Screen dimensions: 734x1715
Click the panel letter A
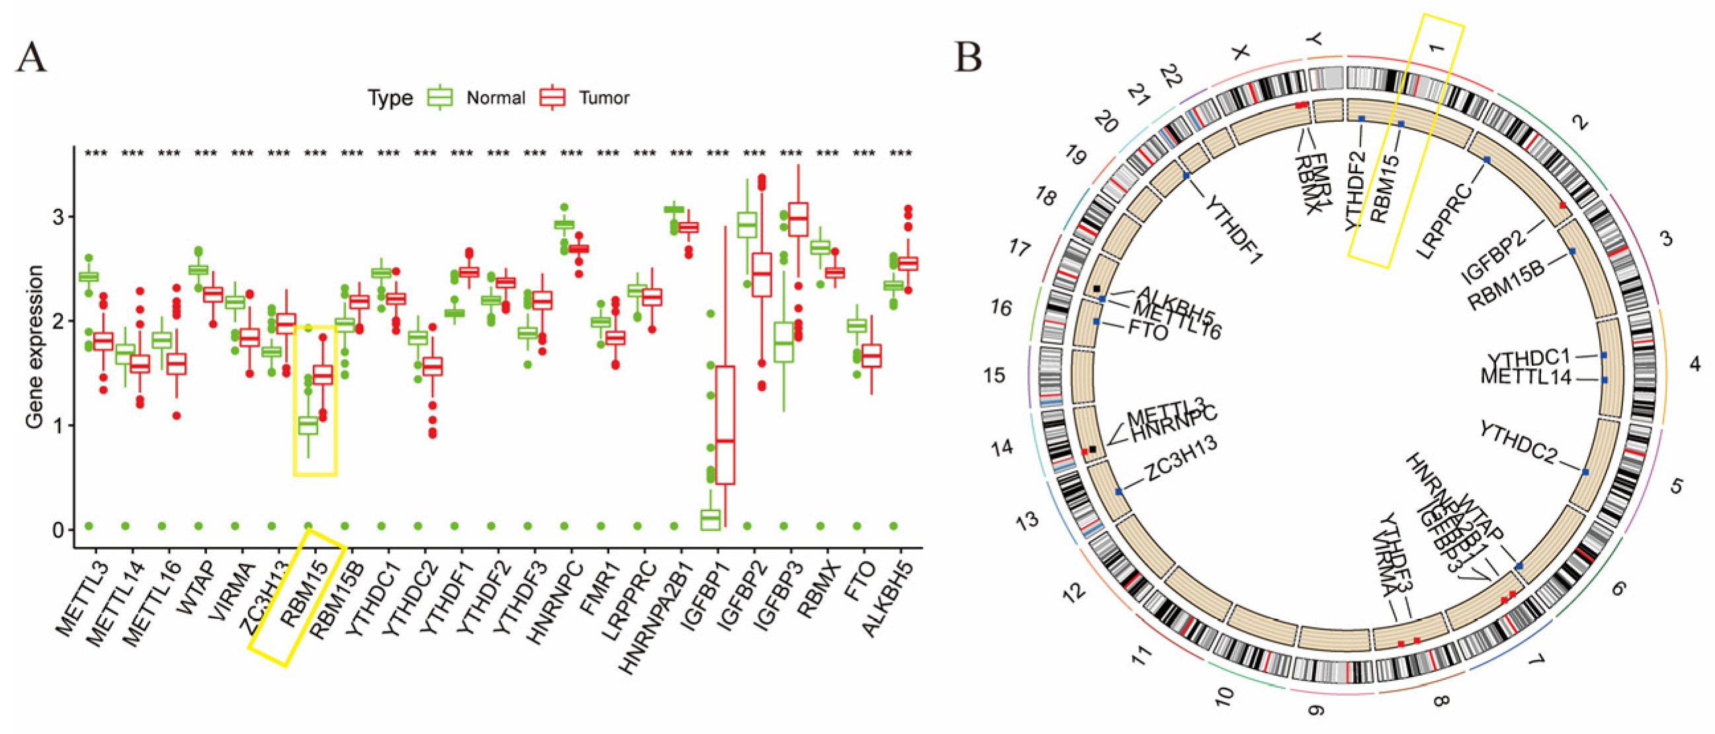pyautogui.click(x=31, y=57)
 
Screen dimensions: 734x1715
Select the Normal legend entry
pyautogui.click(x=495, y=98)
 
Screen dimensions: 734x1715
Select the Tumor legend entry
pyautogui.click(x=604, y=98)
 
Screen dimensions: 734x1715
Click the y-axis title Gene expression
pyautogui.click(x=34, y=346)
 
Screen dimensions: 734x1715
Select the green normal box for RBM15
pyautogui.click(x=308, y=425)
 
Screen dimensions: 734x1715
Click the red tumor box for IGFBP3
pyautogui.click(x=798, y=219)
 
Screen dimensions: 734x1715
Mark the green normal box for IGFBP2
pyautogui.click(x=746, y=224)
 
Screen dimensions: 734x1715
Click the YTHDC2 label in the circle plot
pyautogui.click(x=1519, y=442)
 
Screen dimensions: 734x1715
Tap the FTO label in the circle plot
pyautogui.click(x=1148, y=330)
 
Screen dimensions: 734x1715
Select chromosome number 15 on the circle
pyautogui.click(x=995, y=376)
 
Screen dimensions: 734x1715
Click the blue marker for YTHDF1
pyautogui.click(x=1187, y=175)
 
